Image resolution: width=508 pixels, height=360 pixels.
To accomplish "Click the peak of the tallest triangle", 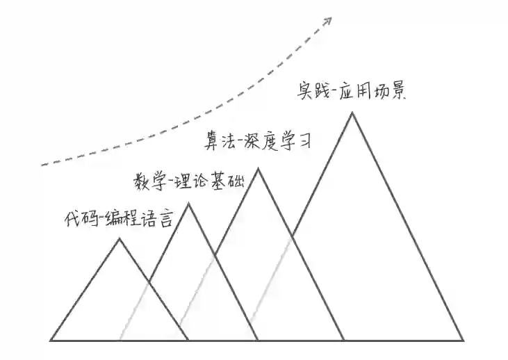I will coord(352,113).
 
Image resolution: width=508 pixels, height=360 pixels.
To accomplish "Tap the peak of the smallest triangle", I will coord(120,239).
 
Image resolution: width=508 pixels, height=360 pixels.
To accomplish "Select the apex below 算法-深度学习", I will coord(259,168).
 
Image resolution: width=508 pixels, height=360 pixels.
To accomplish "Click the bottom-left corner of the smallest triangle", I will coord(51,340).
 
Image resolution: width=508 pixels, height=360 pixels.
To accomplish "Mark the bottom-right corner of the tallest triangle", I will coord(463,340).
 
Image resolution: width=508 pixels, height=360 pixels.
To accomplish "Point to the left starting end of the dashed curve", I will coord(42,165).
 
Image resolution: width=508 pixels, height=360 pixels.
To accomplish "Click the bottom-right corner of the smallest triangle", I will coord(188,340).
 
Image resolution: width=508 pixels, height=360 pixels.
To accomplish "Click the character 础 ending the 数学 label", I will coord(235,182).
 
